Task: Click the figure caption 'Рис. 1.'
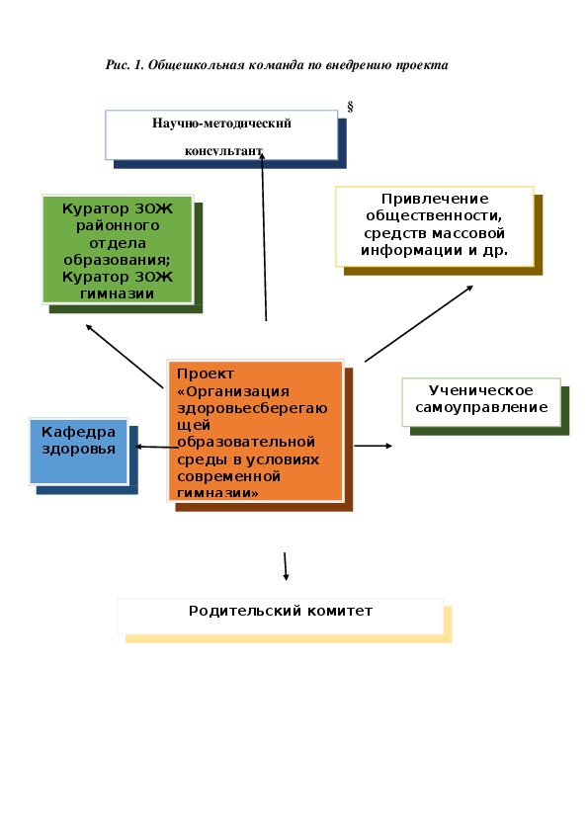pos(125,65)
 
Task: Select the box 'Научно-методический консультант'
pos(221,135)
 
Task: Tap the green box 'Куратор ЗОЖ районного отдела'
pos(118,250)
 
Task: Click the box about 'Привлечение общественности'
pos(434,226)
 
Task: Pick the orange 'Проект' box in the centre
pos(255,430)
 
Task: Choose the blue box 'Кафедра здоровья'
pos(78,452)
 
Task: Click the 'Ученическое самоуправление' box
pos(481,402)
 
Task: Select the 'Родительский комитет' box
pos(281,616)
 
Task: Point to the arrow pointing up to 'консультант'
pos(264,236)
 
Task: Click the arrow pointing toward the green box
pos(125,356)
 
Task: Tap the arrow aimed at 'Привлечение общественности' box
pos(419,324)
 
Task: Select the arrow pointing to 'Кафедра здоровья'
pos(156,447)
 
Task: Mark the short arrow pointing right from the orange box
pos(374,446)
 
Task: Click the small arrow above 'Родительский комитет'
pos(286,567)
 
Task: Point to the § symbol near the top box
pos(350,106)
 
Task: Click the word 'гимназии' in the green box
pos(118,293)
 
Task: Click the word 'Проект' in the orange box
pos(206,374)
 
